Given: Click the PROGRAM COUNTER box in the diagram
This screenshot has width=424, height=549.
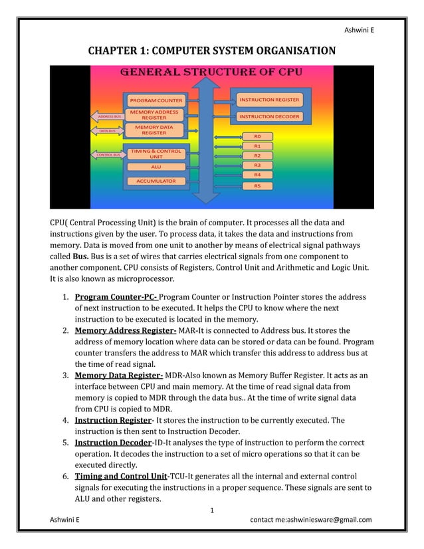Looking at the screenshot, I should [156, 100].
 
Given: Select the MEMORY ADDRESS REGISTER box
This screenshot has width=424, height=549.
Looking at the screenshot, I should [154, 115].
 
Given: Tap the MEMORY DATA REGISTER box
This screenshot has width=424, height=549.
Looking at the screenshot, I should [154, 130].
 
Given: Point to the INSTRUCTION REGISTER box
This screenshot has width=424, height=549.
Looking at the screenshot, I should [268, 100].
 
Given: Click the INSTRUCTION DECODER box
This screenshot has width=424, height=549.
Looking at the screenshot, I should [268, 116].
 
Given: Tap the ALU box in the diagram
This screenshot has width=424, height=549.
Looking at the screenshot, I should [156, 167].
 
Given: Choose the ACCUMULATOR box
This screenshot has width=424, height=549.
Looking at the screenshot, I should [156, 181].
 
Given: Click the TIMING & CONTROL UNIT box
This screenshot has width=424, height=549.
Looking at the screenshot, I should [156, 154].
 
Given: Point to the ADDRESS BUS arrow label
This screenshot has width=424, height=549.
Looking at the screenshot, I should [109, 117].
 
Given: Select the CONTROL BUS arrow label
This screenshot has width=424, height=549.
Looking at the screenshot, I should [108, 155].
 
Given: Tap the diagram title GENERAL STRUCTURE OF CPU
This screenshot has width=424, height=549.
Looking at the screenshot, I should [211, 72].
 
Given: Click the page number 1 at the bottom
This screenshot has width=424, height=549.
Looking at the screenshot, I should [211, 510].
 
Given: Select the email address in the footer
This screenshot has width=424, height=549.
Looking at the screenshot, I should [310, 520].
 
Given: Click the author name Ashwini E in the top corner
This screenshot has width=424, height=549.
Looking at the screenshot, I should [359, 29].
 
